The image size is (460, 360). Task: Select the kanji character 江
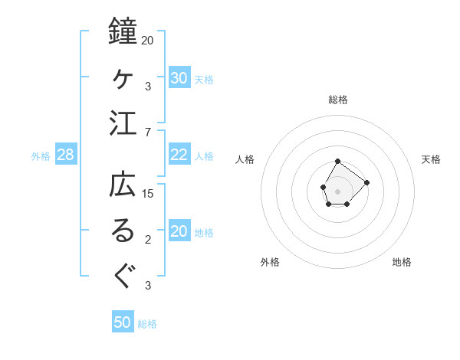coord(123,123)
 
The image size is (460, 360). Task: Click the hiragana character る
coord(123,231)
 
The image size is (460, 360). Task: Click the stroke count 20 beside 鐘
coord(148,40)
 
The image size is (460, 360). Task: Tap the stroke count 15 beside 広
coord(148,193)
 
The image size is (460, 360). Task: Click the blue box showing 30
coord(179,78)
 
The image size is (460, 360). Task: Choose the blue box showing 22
coord(179,155)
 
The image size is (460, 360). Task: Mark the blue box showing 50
coord(123,322)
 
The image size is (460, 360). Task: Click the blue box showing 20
coord(179,232)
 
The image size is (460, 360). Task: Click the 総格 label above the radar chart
coord(338,100)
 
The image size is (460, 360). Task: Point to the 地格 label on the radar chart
coord(402,263)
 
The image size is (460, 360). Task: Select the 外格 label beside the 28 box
coord(41,156)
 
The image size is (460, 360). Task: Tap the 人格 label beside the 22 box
coord(204,155)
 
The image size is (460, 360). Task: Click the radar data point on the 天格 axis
coord(366,182)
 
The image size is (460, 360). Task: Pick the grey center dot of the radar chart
coord(337,190)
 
